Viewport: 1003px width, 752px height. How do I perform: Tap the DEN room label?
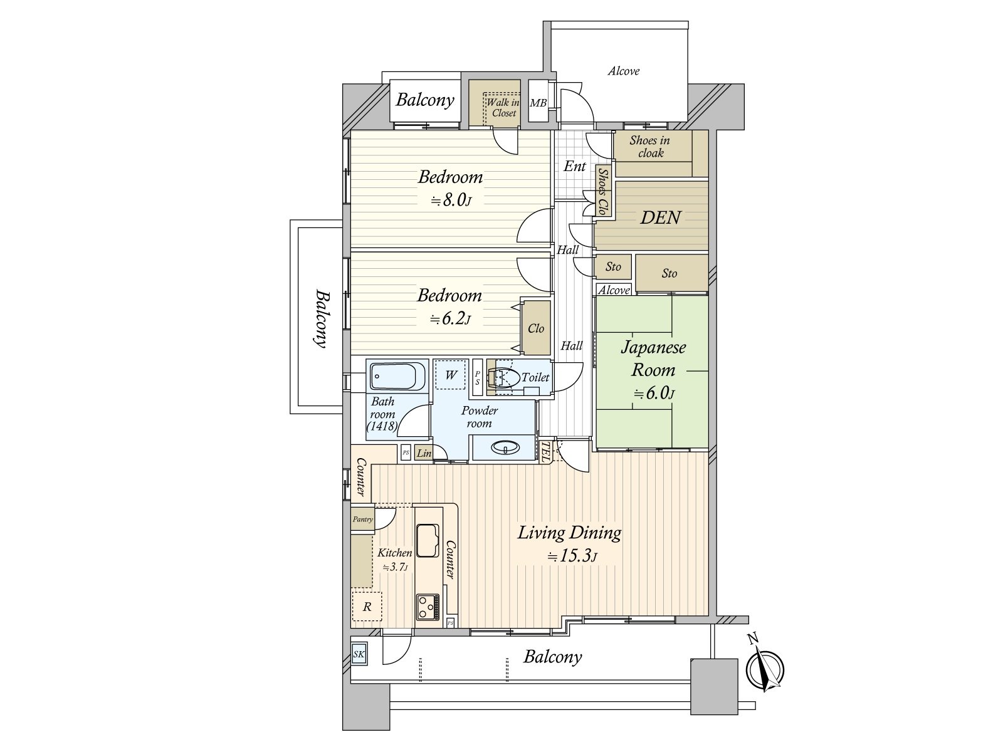pos(660,218)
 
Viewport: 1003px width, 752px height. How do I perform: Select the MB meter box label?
pos(538,103)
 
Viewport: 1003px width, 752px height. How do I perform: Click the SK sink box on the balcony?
pos(359,654)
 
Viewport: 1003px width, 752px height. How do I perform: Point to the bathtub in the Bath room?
pos(397,376)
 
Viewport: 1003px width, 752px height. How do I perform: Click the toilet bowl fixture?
pos(505,378)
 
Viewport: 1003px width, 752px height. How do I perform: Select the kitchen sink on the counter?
pos(428,540)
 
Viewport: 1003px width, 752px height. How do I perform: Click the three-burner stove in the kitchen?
pos(428,607)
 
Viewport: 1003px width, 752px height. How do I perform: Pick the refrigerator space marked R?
pos(367,607)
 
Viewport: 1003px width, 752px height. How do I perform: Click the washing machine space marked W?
pos(451,375)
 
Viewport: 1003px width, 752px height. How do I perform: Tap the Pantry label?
pos(363,519)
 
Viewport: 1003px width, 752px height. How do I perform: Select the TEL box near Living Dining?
pos(545,452)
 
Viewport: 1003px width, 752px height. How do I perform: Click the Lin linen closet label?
pos(424,453)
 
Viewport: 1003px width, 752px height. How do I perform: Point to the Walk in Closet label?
pos(503,108)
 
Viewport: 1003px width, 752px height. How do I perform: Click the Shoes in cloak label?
pos(650,147)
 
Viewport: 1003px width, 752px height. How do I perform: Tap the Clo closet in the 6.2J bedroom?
pos(536,328)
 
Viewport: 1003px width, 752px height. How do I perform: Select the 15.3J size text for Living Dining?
pos(572,556)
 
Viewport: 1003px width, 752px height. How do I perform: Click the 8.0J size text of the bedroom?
pos(451,200)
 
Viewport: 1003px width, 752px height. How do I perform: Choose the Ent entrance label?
pos(574,166)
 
